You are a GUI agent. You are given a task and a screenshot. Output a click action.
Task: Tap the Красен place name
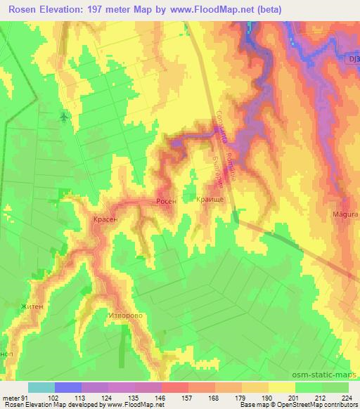tap(105, 220)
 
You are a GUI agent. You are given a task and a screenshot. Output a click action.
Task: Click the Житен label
tap(31, 306)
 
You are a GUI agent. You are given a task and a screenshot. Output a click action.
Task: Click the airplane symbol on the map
tap(65, 116)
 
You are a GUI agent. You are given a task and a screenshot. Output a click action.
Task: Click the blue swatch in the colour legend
tap(68, 387)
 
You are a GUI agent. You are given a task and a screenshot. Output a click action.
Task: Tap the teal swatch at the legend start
tap(41, 387)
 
